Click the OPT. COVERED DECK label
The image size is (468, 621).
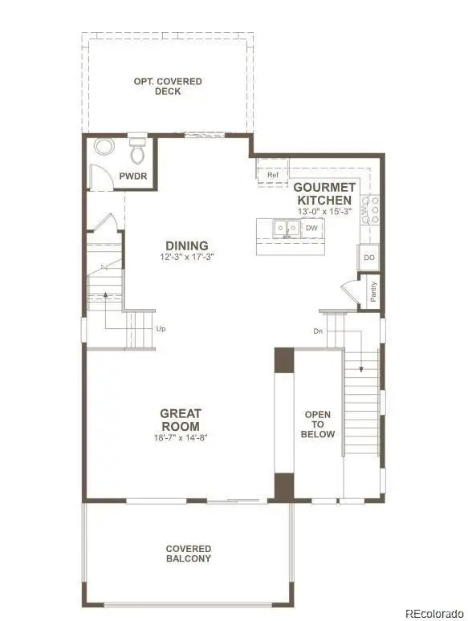(x=168, y=87)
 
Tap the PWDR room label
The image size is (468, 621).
(x=132, y=176)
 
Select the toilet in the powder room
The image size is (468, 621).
(x=137, y=150)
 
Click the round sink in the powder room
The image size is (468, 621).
(x=104, y=148)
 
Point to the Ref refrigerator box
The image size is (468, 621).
(x=273, y=175)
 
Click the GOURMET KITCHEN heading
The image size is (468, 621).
(x=324, y=193)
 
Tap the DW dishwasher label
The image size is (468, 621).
(x=311, y=228)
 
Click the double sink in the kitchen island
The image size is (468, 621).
(x=283, y=229)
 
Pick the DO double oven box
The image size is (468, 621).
(x=369, y=258)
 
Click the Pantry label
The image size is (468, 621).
(x=373, y=290)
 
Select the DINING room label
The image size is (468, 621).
(x=187, y=246)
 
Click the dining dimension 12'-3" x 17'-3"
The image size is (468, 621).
(x=187, y=258)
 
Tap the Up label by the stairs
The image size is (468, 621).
(x=161, y=328)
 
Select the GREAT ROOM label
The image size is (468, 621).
(x=180, y=420)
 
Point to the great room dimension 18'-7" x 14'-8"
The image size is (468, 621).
(x=180, y=438)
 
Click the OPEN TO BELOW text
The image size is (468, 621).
(x=318, y=424)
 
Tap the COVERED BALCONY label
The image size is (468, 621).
(x=189, y=554)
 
